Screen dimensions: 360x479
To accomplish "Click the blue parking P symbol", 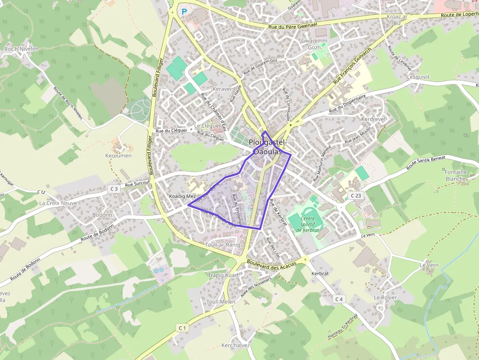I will tap(184, 11).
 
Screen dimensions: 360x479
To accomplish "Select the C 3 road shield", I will tap(114, 188).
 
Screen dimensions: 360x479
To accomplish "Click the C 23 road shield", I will tap(355, 195).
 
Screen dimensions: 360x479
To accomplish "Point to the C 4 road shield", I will tap(340, 298).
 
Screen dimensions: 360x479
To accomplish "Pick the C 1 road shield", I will tap(182, 327).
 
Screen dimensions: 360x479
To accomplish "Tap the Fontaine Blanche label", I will tap(456, 175).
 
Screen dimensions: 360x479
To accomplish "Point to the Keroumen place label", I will tap(118, 155).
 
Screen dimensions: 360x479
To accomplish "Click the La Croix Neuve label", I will tap(58, 203).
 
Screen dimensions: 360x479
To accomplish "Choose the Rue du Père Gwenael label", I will tap(293, 25).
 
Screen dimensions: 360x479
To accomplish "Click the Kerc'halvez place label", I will tap(236, 345).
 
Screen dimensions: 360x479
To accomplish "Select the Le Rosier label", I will tap(385, 297).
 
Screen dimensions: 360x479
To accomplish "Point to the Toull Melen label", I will tap(220, 302).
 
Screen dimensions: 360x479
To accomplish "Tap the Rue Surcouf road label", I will tap(137, 184).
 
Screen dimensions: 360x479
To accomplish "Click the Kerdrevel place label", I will tap(373, 119).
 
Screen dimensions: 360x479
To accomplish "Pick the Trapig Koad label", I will tap(222, 275).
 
